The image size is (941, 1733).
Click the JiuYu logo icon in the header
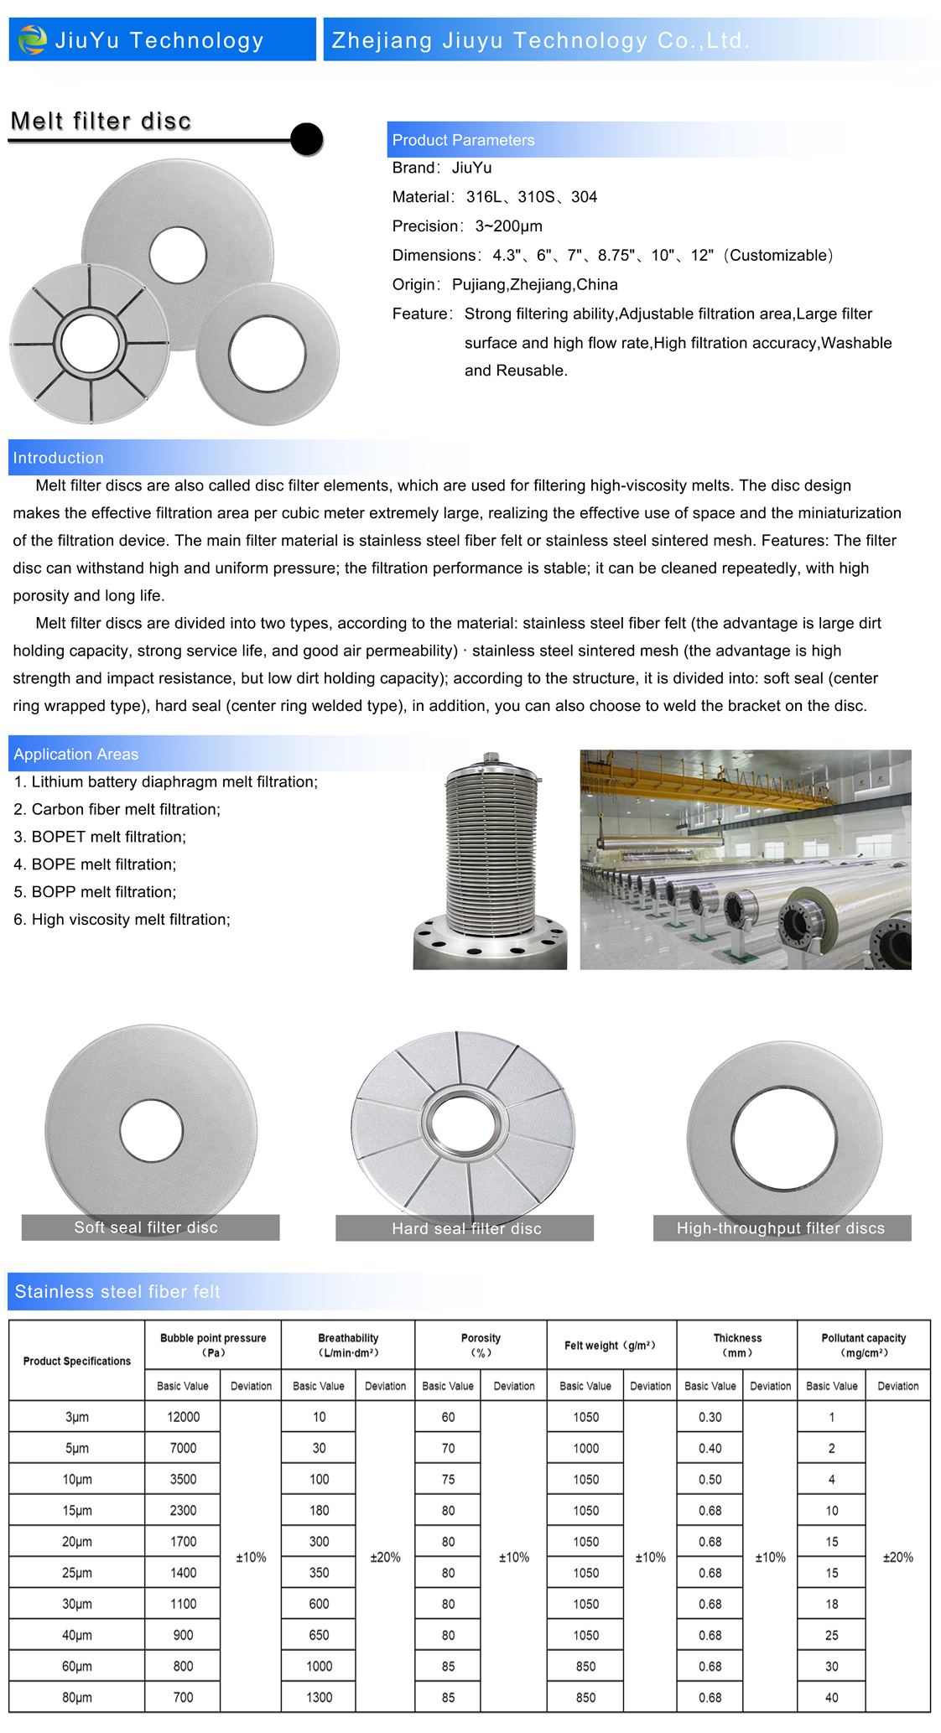tap(33, 39)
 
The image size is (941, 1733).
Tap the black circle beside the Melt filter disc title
tap(307, 139)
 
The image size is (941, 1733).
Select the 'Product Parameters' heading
tap(463, 140)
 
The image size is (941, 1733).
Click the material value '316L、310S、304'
tap(532, 197)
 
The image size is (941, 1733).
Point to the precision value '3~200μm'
tap(508, 226)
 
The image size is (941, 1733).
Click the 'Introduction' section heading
tap(59, 458)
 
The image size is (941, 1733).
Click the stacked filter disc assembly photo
tap(491, 860)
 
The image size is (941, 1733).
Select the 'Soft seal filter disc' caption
tap(146, 1227)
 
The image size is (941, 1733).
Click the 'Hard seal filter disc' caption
tap(466, 1228)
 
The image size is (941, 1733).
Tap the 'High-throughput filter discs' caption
tap(781, 1228)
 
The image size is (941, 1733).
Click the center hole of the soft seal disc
tap(152, 1131)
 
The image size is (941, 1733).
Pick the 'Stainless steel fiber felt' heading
tap(117, 1291)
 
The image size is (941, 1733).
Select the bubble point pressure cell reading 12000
tap(183, 1417)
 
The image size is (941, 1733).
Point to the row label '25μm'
tap(77, 1573)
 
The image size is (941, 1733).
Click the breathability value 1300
tap(319, 1697)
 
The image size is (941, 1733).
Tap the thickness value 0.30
tap(710, 1417)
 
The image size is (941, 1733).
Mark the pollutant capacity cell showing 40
tap(831, 1697)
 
